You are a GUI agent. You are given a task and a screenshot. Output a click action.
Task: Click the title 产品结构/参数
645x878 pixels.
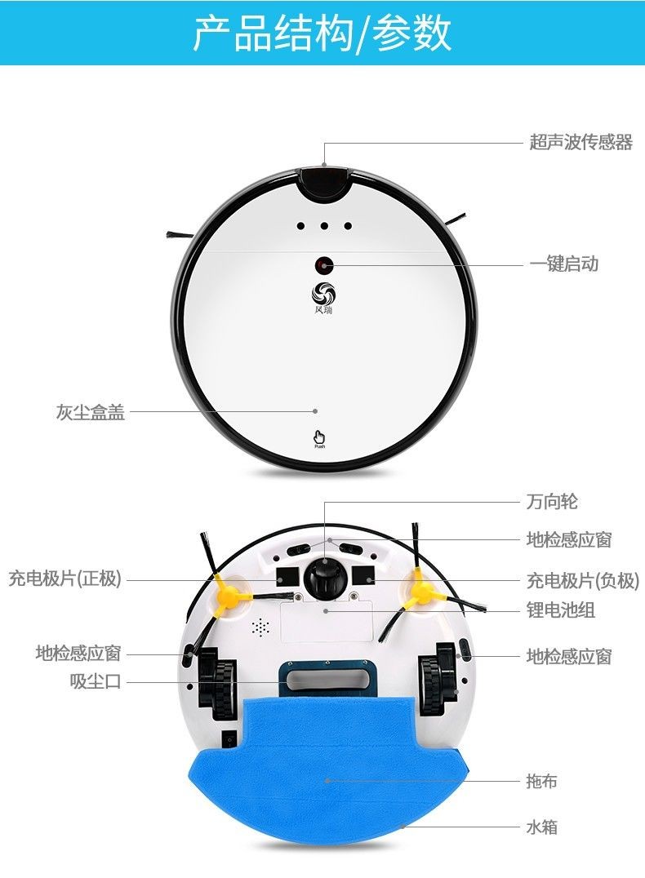(x=322, y=33)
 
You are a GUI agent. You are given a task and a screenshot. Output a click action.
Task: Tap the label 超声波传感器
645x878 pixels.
(x=580, y=143)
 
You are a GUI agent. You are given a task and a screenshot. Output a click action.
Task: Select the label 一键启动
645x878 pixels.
(x=563, y=264)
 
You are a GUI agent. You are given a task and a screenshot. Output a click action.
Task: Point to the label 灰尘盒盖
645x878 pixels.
(x=91, y=413)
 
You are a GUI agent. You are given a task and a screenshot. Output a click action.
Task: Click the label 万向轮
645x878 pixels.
(x=552, y=502)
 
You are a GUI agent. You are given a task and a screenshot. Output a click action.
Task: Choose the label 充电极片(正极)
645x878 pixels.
(x=65, y=579)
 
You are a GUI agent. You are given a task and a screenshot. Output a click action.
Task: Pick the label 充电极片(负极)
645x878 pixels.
(x=582, y=581)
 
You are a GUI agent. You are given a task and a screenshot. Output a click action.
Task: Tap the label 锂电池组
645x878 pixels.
(x=560, y=610)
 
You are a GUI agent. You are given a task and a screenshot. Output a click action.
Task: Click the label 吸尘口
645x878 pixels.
(x=96, y=681)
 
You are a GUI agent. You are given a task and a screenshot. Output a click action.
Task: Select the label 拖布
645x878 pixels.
(x=542, y=781)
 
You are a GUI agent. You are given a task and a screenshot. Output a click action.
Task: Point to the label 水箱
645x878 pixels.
(x=542, y=827)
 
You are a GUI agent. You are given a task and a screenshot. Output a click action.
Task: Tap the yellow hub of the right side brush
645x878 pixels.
(x=421, y=589)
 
